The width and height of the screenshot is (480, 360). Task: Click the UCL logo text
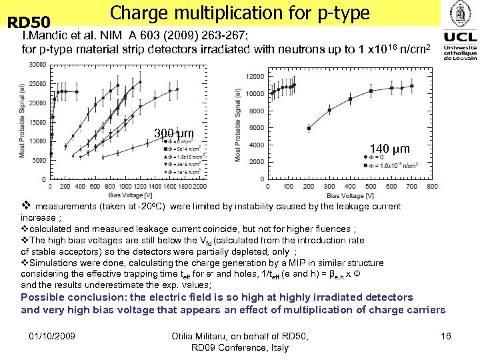coord(460,35)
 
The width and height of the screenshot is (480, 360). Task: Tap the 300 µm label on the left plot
coord(173,133)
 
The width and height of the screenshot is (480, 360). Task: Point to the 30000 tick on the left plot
coord(37,65)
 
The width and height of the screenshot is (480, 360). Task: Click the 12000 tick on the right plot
coord(255,76)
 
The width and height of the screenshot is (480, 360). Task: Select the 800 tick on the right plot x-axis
coord(431,187)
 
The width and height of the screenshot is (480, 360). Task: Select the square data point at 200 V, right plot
coord(308,128)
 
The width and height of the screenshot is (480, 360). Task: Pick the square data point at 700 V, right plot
coord(413,85)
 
